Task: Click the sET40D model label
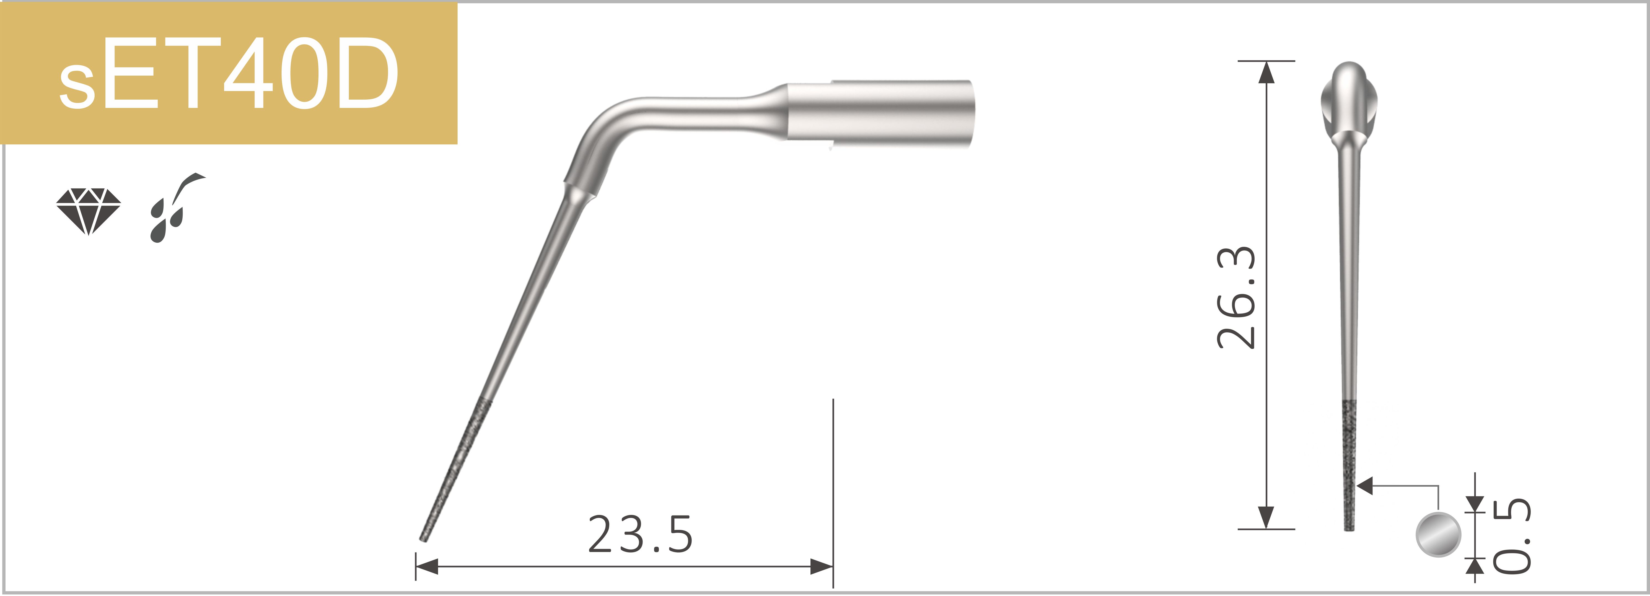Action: (229, 74)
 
